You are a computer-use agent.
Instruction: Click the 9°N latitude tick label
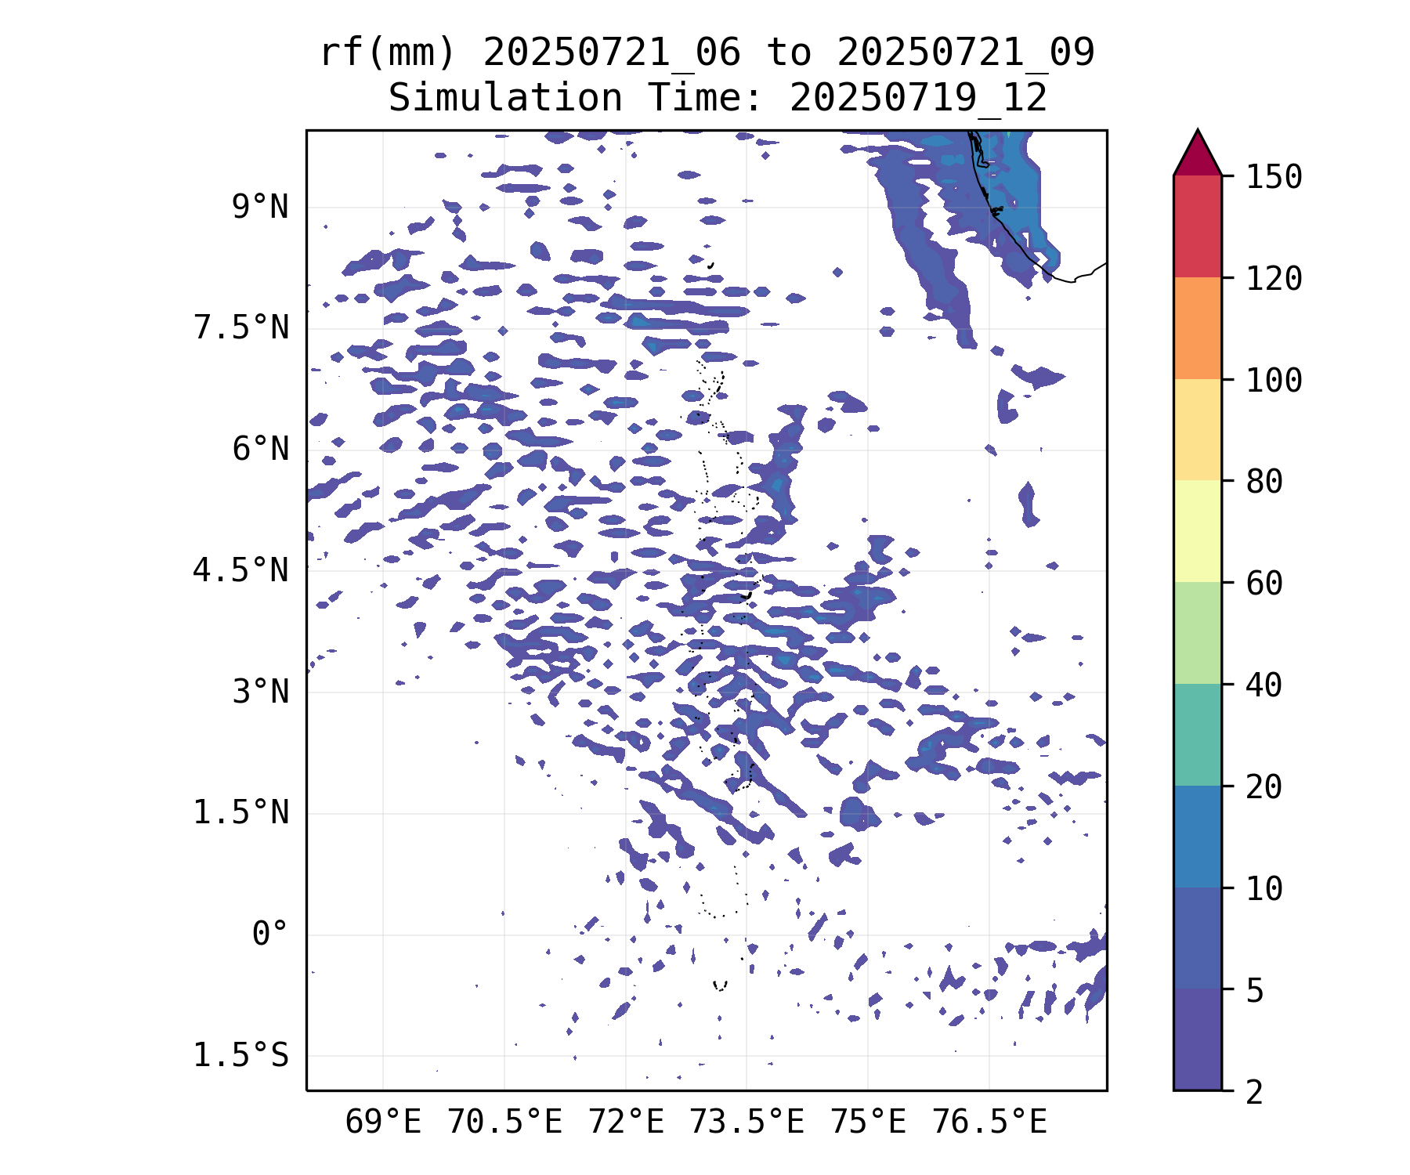pyautogui.click(x=260, y=208)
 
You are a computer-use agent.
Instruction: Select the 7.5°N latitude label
pyautogui.click(x=241, y=328)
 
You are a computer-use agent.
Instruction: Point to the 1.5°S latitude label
pyautogui.click(x=241, y=1056)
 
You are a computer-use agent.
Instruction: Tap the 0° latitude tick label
pyautogui.click(x=270, y=935)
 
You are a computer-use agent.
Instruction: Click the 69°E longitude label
pyautogui.click(x=383, y=1123)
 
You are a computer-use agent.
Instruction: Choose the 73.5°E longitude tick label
pyautogui.click(x=747, y=1123)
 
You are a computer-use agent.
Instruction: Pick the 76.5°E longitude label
pyautogui.click(x=989, y=1123)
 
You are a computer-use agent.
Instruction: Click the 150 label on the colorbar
pyautogui.click(x=1274, y=177)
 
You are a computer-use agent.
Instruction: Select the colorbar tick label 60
pyautogui.click(x=1264, y=584)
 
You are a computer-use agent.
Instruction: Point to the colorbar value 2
pyautogui.click(x=1255, y=1092)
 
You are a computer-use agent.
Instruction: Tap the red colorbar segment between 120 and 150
pyautogui.click(x=1198, y=226)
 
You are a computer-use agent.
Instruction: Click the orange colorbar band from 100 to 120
pyautogui.click(x=1198, y=328)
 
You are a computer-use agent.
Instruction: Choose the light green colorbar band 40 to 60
pyautogui.click(x=1198, y=633)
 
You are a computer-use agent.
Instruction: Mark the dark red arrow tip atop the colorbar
pyautogui.click(x=1198, y=130)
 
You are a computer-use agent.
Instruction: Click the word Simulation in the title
pyautogui.click(x=505, y=98)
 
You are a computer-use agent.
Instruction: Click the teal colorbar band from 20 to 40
pyautogui.click(x=1198, y=735)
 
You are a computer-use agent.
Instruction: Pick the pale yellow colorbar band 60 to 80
pyautogui.click(x=1198, y=531)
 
